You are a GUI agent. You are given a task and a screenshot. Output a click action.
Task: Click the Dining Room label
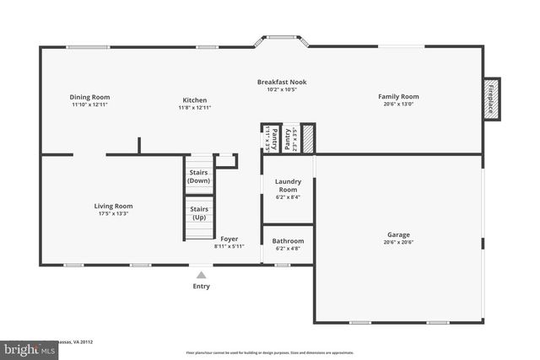pos(89,97)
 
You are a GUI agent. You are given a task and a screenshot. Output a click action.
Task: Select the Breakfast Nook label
pos(282,82)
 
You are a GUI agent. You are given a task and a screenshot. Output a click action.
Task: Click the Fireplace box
pos(491,97)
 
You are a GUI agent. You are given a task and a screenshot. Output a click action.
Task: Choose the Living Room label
pos(112,206)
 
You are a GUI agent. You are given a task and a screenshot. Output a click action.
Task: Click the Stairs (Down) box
pos(199,177)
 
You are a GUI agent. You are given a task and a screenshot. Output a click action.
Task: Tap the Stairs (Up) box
pos(199,213)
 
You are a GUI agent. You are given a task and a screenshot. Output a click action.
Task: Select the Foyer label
pos(229,239)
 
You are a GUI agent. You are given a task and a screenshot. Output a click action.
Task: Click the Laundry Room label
pos(288,185)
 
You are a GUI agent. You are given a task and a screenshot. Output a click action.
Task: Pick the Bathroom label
pos(288,240)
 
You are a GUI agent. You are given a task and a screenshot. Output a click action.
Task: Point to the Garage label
pos(398,234)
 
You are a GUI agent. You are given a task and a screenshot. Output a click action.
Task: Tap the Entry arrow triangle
pos(201,273)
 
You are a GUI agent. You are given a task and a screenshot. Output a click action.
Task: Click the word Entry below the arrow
pos(201,287)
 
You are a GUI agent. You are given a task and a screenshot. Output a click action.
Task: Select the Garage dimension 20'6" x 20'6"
pos(398,242)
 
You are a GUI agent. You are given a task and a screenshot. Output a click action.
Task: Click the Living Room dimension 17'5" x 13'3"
pos(112,213)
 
